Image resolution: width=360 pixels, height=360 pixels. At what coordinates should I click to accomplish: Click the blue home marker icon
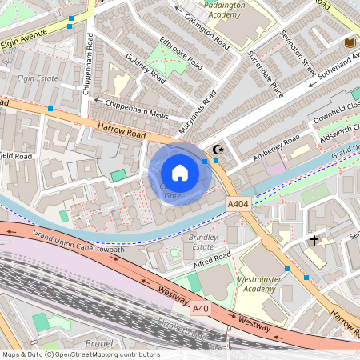click(180, 173)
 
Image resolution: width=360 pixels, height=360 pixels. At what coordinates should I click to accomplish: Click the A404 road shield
click(238, 206)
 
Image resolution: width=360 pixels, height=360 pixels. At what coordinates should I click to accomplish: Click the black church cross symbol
click(314, 240)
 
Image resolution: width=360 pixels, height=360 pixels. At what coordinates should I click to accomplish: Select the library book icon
click(350, 42)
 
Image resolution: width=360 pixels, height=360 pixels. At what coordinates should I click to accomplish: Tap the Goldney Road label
click(145, 70)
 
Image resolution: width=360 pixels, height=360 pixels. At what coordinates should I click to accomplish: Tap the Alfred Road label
click(212, 256)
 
